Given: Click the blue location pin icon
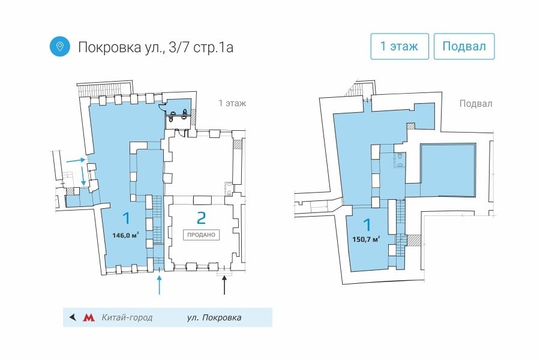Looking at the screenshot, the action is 59,47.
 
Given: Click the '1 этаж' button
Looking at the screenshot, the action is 400,46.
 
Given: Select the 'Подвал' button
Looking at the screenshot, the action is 464,46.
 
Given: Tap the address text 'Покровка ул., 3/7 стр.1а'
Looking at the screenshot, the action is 155,47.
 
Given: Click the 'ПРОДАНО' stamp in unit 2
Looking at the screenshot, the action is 201,235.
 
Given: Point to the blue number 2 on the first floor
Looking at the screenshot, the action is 201,218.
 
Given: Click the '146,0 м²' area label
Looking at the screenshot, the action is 125,236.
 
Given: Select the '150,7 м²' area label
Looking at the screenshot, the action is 366,239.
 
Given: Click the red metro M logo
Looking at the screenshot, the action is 89,317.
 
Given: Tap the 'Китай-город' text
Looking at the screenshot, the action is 127,317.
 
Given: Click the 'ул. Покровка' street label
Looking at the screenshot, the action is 214,317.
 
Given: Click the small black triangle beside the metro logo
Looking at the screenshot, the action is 73,317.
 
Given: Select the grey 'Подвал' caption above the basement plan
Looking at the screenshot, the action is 476,104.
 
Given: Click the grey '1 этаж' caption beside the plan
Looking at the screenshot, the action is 232,103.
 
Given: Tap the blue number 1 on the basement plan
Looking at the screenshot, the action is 367,224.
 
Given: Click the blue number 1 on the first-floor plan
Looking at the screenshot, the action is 127,218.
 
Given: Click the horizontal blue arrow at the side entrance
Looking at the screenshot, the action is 76,160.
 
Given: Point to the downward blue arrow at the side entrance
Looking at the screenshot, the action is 83,175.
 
